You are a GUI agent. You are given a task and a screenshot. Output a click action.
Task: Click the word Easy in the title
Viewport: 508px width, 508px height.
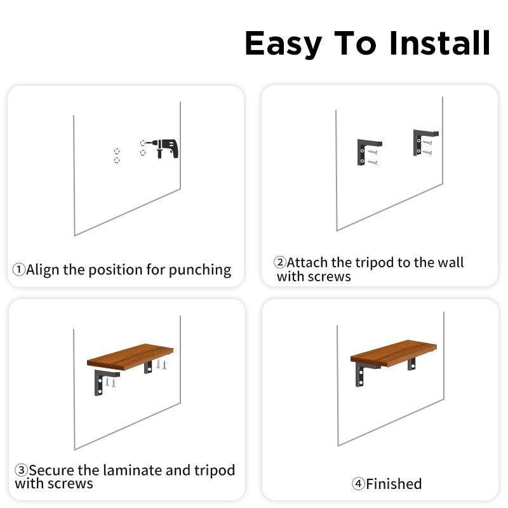coord(283,44)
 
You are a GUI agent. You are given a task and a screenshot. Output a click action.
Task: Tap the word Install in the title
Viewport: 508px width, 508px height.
coord(439,43)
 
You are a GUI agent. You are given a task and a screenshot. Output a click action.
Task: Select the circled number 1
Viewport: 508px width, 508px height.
coord(19,269)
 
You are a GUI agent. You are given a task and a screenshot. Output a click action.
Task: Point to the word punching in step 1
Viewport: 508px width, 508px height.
coord(200,271)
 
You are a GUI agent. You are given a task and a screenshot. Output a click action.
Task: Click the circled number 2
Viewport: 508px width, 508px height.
coord(280,262)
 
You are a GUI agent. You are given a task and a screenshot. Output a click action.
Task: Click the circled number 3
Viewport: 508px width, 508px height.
coord(21,470)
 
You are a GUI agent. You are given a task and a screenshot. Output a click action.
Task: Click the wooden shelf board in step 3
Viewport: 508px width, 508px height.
coord(130,356)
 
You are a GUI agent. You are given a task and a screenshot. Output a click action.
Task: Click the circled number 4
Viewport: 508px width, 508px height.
coord(358,484)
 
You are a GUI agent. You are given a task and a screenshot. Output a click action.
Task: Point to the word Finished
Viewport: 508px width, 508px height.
coord(394,484)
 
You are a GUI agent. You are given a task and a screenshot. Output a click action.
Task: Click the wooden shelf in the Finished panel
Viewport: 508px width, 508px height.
coord(394,353)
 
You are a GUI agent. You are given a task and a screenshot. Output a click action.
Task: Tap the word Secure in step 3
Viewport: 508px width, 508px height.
coord(52,471)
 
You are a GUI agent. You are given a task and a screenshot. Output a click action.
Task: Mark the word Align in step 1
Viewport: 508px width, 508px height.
coord(43,270)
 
